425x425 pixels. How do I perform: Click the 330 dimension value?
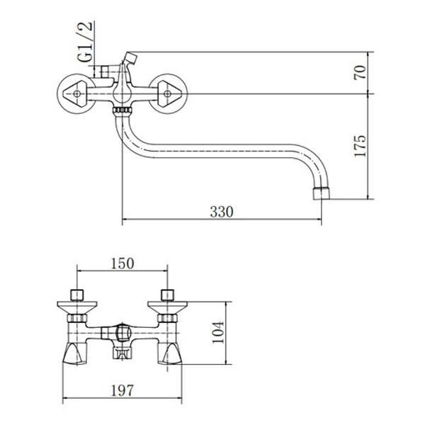point(221,211)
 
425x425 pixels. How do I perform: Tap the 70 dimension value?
point(362,72)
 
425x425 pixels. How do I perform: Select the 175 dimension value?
point(362,146)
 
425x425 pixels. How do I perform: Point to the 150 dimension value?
point(122,263)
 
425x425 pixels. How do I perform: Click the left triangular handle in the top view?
point(74,93)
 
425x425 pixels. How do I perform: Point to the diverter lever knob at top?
point(130,56)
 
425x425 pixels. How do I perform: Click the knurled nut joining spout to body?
point(123,111)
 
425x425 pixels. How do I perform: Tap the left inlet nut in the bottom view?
point(76,294)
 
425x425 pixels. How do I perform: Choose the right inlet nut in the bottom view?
point(168,294)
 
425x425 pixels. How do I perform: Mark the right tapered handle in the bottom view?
point(171,351)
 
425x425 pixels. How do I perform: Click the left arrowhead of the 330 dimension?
point(125,220)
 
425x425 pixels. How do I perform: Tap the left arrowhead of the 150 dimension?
point(79,271)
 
